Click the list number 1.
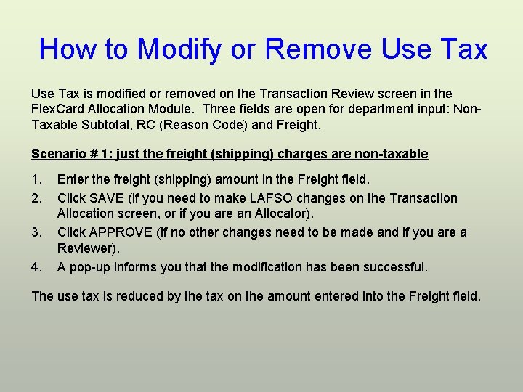(36, 179)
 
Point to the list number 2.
(36, 198)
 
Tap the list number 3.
(36, 232)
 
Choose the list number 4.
(36, 267)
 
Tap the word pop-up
(93, 267)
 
